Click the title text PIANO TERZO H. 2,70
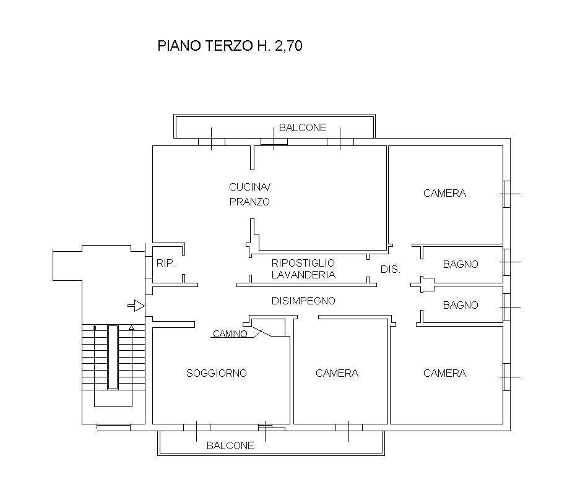(230, 46)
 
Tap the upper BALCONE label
(303, 128)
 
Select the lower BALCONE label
(230, 445)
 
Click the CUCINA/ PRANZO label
(250, 194)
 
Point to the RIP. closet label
(166, 263)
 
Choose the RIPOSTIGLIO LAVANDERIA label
(303, 269)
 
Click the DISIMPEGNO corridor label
(303, 301)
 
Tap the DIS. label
(391, 270)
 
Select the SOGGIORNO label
(217, 373)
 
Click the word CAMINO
(230, 334)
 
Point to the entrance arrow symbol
(136, 305)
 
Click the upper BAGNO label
(460, 264)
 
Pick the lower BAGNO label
(460, 305)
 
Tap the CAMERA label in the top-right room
(444, 194)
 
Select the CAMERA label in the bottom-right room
(444, 373)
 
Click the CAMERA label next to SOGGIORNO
(337, 373)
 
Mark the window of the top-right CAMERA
(507, 194)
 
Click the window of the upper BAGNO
(507, 262)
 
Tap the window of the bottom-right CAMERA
(507, 377)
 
